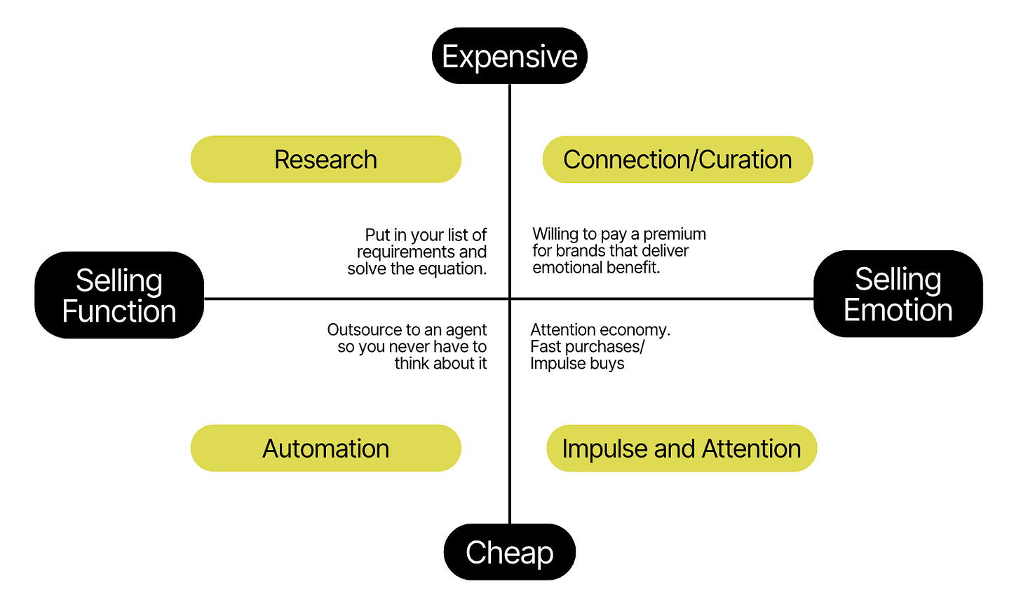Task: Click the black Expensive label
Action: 509,56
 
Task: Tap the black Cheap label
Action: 509,552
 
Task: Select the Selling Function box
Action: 119,295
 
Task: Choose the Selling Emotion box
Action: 898,294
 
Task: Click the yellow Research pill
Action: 325,159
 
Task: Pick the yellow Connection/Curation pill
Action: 677,159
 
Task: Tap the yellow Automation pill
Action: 325,448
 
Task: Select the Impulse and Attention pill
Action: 682,448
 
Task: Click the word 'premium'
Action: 675,234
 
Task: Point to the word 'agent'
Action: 466,331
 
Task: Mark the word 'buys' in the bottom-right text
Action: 607,364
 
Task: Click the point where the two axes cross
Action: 510,299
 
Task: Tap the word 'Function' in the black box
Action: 119,311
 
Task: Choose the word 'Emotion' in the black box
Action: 898,310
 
